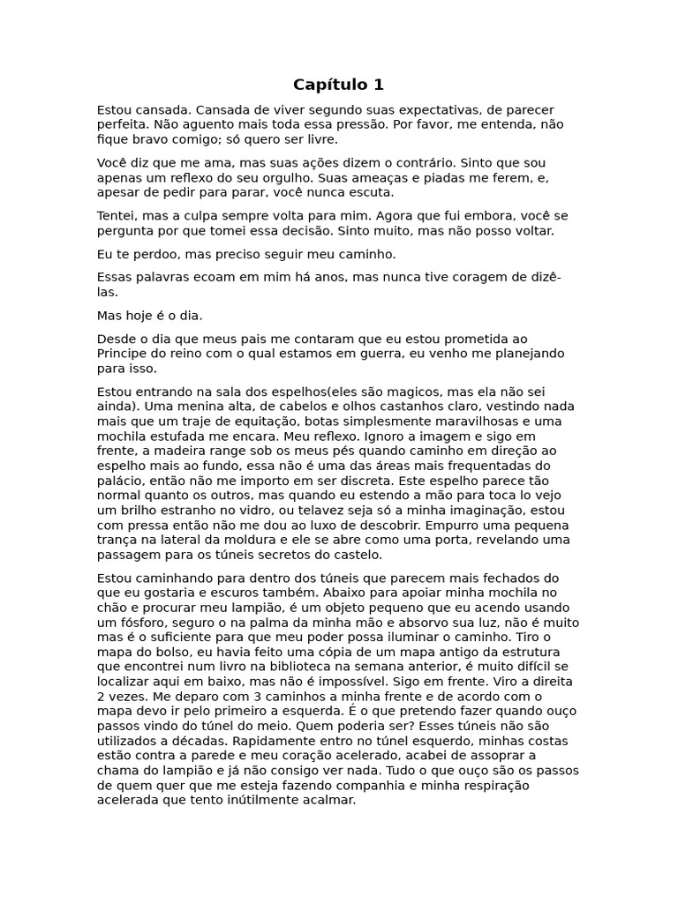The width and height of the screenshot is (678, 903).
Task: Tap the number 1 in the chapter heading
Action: coord(378,85)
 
